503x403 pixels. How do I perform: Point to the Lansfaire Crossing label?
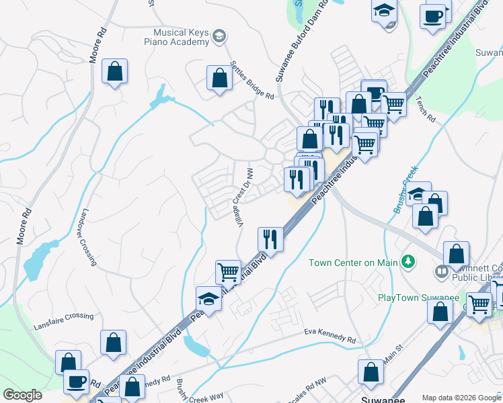(64, 321)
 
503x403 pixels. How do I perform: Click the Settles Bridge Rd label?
(252, 81)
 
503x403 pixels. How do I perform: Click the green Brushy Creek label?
(405, 190)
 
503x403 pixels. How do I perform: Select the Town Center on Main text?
(353, 263)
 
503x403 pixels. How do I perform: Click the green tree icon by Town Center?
(408, 261)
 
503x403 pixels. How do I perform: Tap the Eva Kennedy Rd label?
(329, 336)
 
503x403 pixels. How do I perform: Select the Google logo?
(23, 395)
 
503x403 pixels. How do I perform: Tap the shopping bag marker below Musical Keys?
(219, 77)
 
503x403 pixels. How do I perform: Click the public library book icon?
(442, 272)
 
